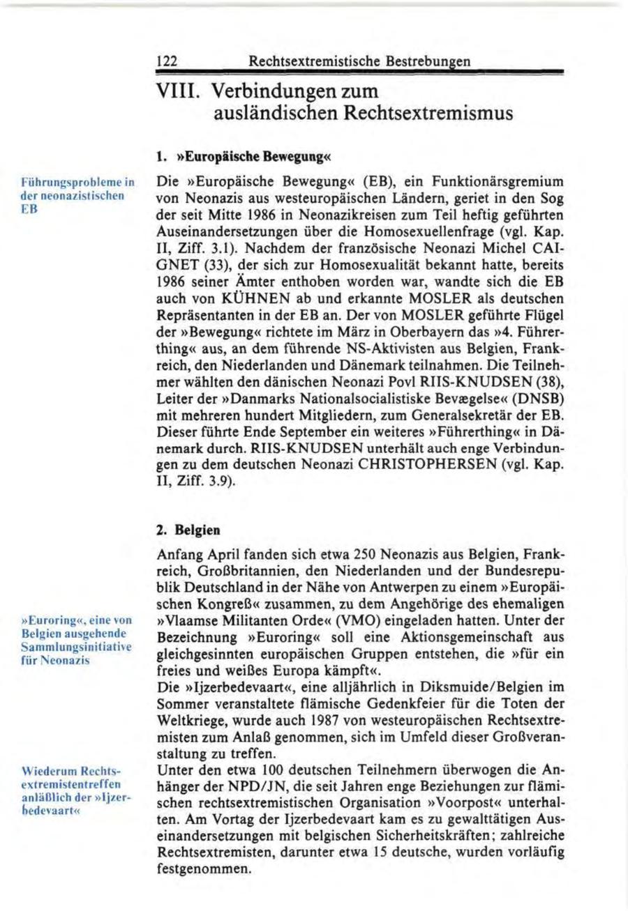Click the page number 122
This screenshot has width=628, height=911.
(x=165, y=61)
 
